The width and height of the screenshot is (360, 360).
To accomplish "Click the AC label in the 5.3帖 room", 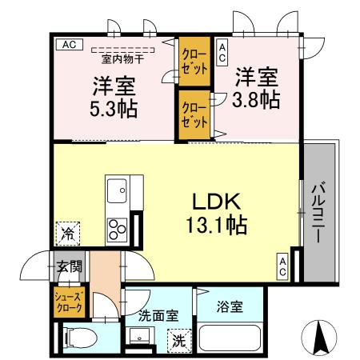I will (x=68, y=45).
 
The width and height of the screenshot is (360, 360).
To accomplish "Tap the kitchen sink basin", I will (x=118, y=191).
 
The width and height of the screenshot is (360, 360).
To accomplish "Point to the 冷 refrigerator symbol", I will (x=68, y=235).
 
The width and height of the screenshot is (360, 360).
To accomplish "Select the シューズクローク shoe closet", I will (x=69, y=303).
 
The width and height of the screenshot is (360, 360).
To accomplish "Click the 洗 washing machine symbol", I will (x=179, y=339).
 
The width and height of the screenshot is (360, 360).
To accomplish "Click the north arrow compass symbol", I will (x=320, y=337).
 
